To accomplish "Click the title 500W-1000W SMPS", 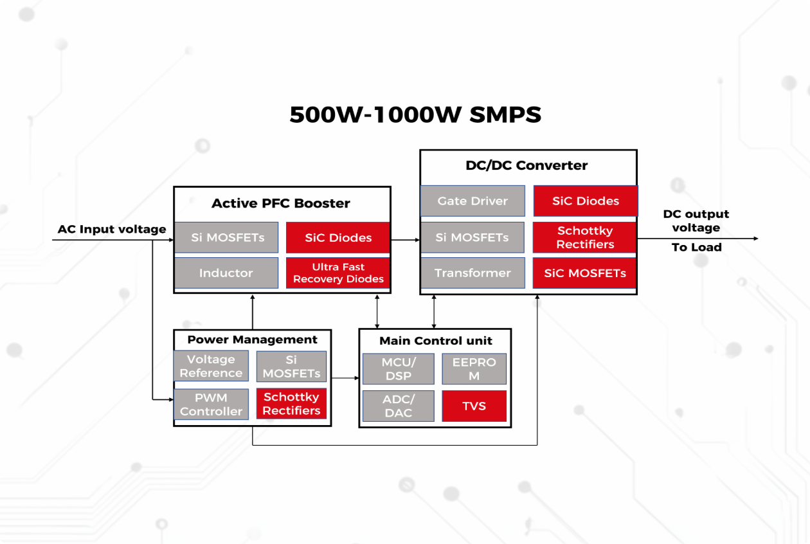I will pyautogui.click(x=415, y=114).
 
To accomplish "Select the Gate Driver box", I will pyautogui.click(x=473, y=201).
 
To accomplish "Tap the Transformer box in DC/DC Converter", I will pyautogui.click(x=473, y=273).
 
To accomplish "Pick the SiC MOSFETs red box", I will pyautogui.click(x=585, y=273).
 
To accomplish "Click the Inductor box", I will pyautogui.click(x=226, y=273).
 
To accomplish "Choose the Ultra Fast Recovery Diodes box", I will pyautogui.click(x=338, y=273).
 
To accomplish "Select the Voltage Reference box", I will pyautogui.click(x=211, y=366).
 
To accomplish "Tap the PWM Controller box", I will pyautogui.click(x=211, y=404).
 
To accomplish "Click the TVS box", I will pyautogui.click(x=474, y=406).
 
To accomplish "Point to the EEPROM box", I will pyautogui.click(x=474, y=368).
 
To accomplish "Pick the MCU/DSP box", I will pyautogui.click(x=398, y=368).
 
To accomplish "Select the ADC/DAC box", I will pyautogui.click(x=398, y=406).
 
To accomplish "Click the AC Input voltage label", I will pyautogui.click(x=112, y=230).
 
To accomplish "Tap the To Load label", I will pyautogui.click(x=696, y=248).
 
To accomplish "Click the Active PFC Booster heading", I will pyautogui.click(x=281, y=203).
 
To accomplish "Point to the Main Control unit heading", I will pyautogui.click(x=435, y=341).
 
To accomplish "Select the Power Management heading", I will pyautogui.click(x=252, y=340).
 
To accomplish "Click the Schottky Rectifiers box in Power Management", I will pyautogui.click(x=291, y=404).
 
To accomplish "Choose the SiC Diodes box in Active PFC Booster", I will pyautogui.click(x=338, y=237).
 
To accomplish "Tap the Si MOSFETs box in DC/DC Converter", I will pyautogui.click(x=473, y=237).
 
